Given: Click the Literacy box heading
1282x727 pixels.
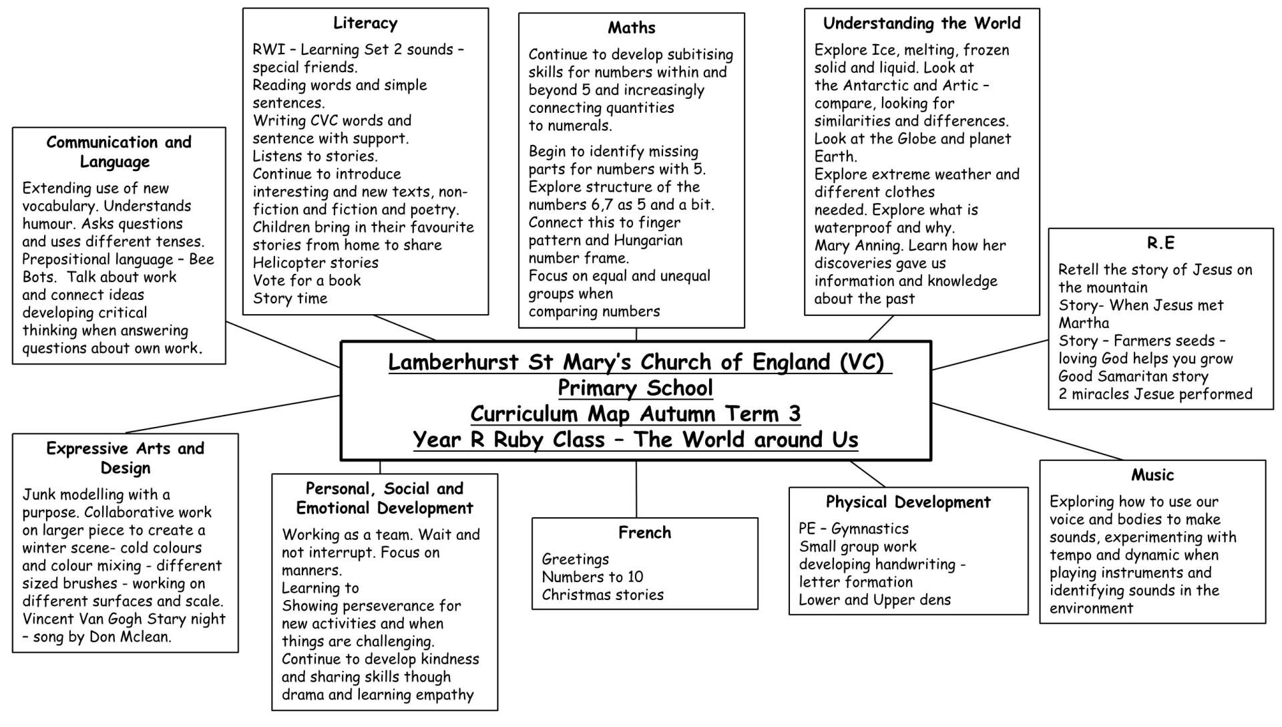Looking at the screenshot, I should (x=365, y=23).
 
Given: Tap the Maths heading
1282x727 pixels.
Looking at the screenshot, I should (x=631, y=28).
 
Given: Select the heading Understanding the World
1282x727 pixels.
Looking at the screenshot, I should (x=921, y=23).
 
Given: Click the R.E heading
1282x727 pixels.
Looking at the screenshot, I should (x=1160, y=243).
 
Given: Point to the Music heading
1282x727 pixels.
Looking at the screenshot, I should (x=1152, y=475).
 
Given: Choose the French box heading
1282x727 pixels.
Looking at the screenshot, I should (x=644, y=533).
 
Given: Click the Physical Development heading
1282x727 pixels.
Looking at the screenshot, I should (x=908, y=502).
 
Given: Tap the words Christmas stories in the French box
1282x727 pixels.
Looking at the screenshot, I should (x=602, y=595).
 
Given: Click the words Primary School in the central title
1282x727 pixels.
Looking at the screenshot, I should (x=635, y=388).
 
